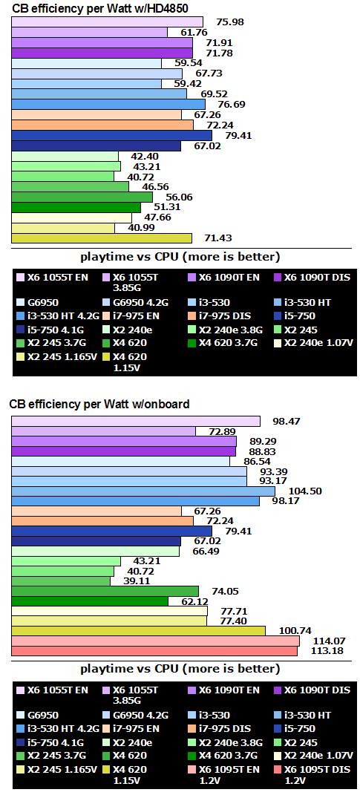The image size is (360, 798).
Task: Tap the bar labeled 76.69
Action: [108, 105]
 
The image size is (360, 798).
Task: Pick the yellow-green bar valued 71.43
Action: [102, 238]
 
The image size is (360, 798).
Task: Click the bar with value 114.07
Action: [155, 641]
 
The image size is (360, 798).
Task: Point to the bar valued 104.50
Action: [143, 491]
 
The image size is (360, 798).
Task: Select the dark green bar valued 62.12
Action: [90, 601]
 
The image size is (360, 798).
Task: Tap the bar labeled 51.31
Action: [76, 207]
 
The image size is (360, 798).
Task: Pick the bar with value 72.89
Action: [103, 431]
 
